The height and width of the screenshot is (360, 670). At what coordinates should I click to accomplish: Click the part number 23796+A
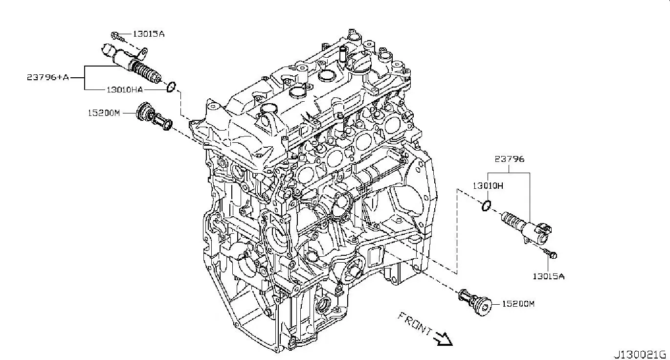coord(48,77)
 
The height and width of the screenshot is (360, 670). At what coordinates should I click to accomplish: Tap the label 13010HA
coord(125,90)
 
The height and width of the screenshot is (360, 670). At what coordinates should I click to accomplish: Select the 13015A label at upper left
coord(149,34)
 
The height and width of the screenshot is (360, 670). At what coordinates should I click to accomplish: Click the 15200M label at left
coord(104,113)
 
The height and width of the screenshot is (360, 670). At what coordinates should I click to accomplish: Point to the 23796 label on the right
coord(510,159)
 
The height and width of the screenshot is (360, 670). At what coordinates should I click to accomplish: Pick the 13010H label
coord(488,186)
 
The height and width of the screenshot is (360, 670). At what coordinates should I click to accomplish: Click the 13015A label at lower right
coord(549,276)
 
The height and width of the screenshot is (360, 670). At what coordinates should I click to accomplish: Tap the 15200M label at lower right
coord(518,304)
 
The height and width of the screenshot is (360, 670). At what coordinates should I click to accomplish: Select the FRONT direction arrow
coord(444,339)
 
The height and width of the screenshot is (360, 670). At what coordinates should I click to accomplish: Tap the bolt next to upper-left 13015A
coord(117,37)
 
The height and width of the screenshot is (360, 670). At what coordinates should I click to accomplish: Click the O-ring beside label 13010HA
coord(171,87)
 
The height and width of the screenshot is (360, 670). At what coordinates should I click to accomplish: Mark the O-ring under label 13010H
coord(486,205)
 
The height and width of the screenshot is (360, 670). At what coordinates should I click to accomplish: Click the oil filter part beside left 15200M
coord(154,117)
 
